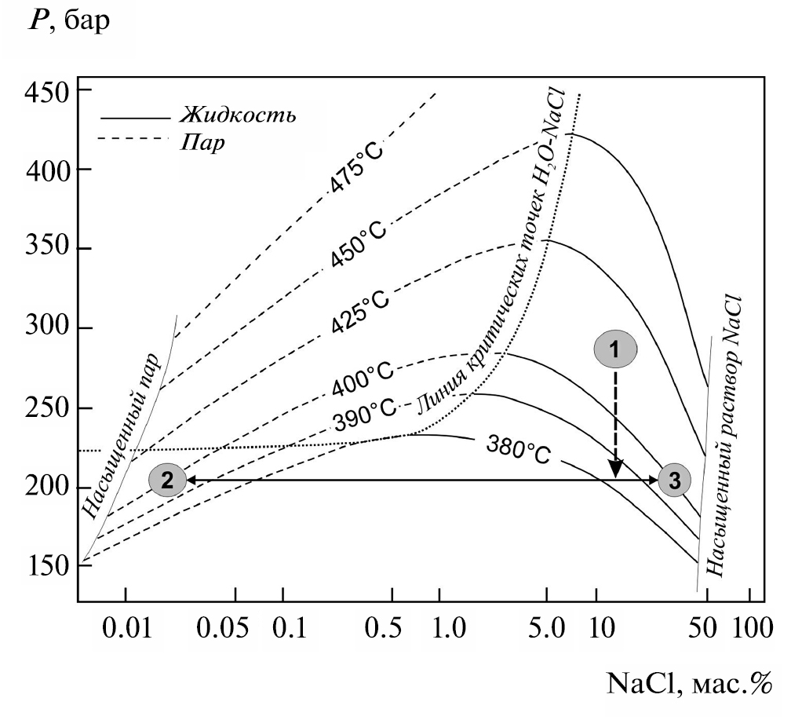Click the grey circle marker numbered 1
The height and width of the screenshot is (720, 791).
616,349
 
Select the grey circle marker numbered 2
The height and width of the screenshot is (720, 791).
166,480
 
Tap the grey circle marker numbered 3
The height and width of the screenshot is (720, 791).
675,479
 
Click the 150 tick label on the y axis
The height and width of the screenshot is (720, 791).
49,566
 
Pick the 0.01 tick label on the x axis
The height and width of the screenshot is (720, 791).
126,630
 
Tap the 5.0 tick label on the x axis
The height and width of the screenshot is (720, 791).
547,630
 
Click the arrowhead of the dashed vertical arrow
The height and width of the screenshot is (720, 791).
616,470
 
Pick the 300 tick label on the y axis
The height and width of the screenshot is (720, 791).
49,328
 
